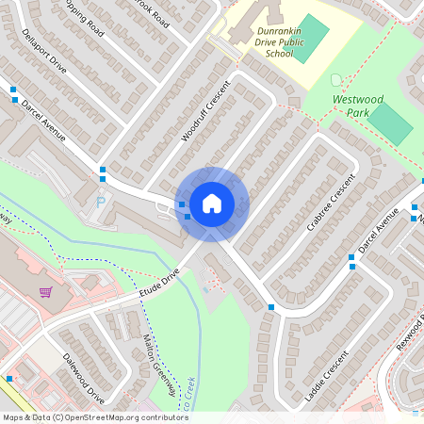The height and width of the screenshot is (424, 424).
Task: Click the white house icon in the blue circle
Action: (x=212, y=204)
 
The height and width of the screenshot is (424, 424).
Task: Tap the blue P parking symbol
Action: (x=101, y=202)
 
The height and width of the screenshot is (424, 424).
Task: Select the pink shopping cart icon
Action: (x=44, y=292)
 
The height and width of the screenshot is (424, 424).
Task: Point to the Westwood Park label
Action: (x=359, y=104)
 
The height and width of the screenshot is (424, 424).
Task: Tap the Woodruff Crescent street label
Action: (x=200, y=121)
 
